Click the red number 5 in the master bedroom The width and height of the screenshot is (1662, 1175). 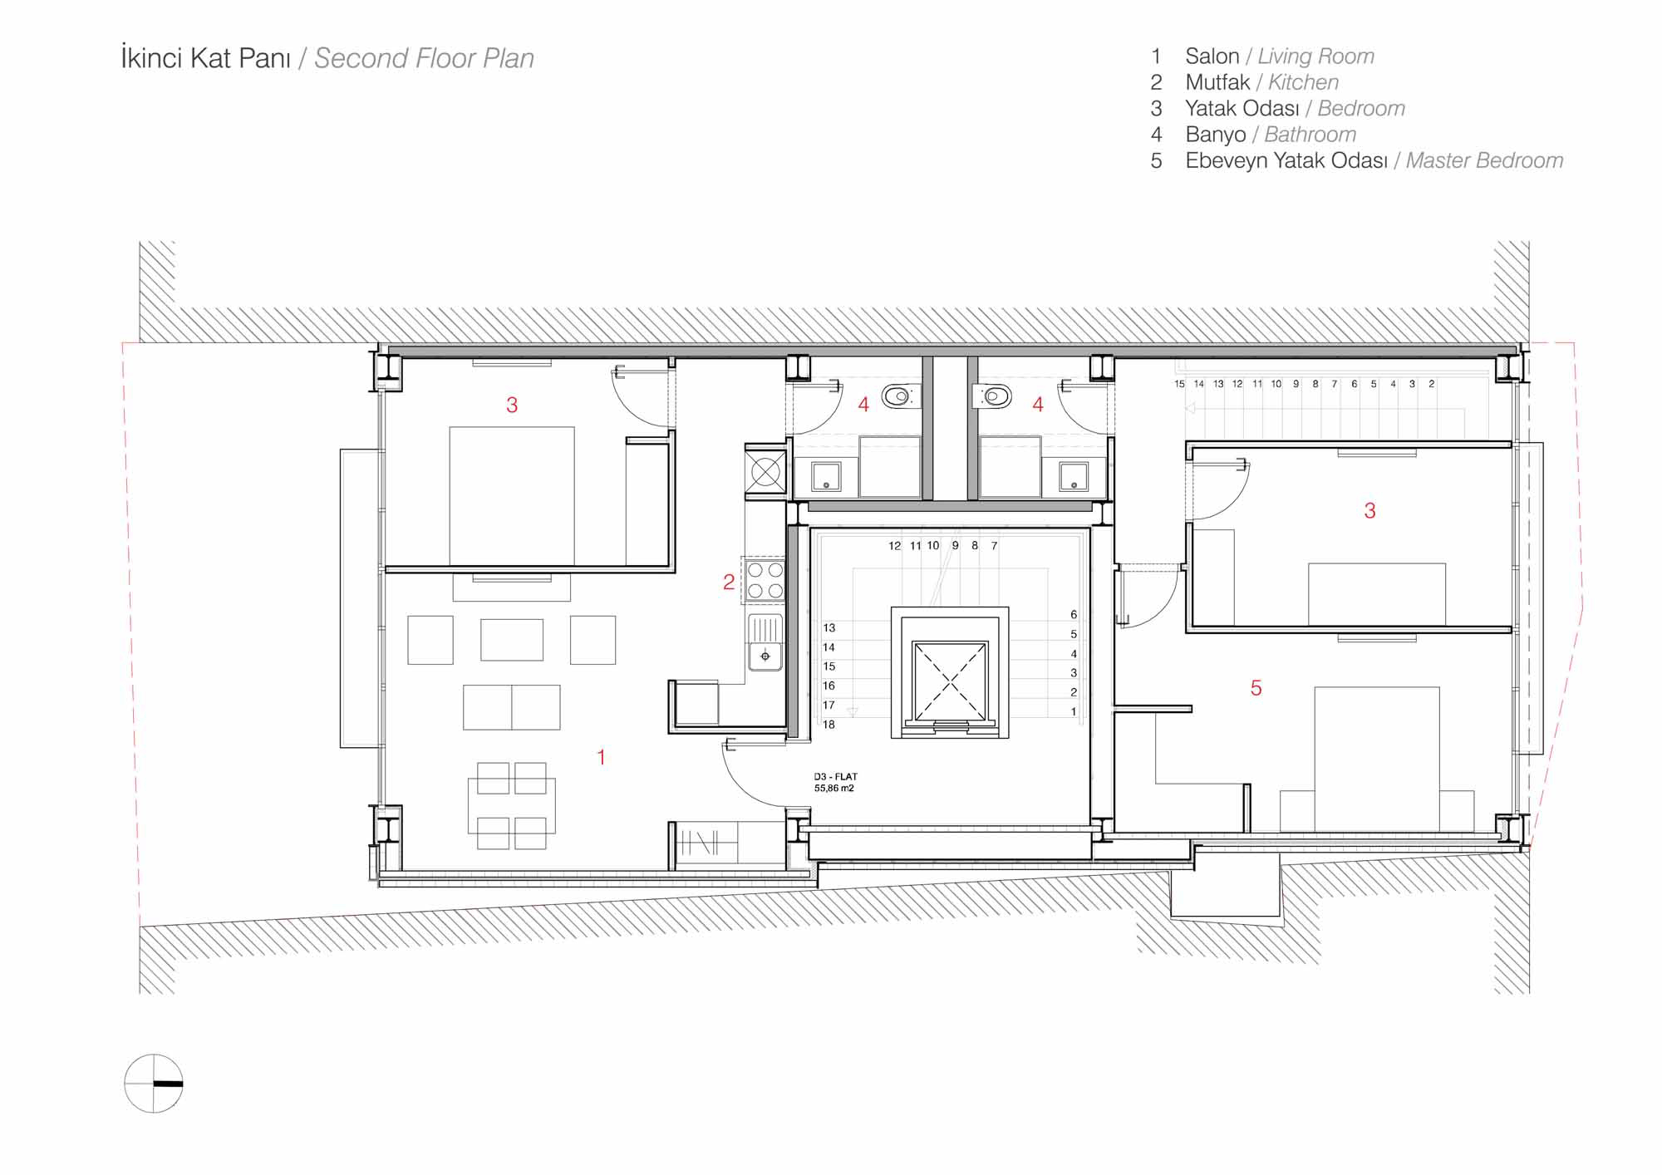(x=1256, y=688)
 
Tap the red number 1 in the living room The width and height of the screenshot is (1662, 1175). (x=601, y=757)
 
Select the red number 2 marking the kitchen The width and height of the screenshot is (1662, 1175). (x=729, y=583)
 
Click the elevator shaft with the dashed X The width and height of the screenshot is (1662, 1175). (x=950, y=681)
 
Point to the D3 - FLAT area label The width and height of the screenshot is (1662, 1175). (x=835, y=783)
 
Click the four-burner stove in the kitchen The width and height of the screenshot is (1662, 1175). (x=765, y=579)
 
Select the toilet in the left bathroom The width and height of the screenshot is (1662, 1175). (x=898, y=397)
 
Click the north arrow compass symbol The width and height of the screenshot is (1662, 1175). (x=154, y=1084)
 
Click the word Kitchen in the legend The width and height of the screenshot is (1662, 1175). (x=1303, y=82)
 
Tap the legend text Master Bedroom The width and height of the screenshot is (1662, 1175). (x=1484, y=160)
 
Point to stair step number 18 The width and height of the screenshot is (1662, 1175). (x=829, y=725)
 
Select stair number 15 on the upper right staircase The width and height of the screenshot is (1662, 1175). (x=1179, y=384)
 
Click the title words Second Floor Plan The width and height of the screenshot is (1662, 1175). (x=424, y=58)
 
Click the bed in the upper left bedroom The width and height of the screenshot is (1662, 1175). (x=512, y=496)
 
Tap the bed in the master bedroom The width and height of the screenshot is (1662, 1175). (x=1376, y=759)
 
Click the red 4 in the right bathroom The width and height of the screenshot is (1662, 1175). (x=1038, y=405)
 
